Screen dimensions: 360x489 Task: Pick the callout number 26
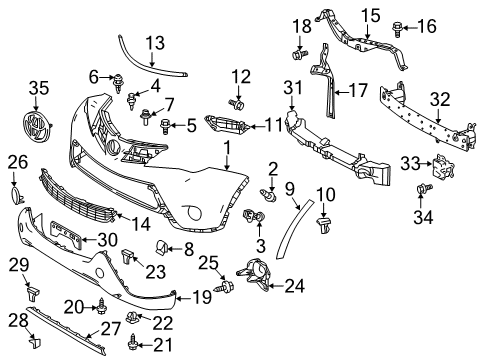[18, 161]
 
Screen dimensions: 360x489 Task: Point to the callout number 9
[289, 188]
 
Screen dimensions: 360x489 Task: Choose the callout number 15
[372, 15]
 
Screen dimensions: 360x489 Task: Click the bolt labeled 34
[421, 188]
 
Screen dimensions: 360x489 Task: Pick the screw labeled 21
[132, 345]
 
